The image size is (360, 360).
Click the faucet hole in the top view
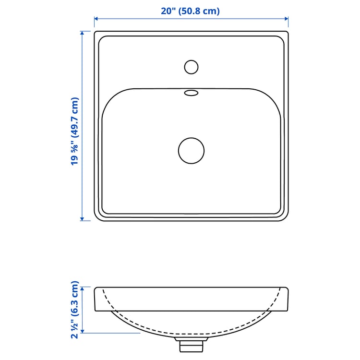coord(191,67)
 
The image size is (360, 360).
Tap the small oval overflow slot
coord(191,93)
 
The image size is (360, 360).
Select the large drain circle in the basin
coord(191,150)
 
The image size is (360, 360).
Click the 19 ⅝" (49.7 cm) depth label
coord(74,131)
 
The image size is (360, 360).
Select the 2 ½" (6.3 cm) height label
coord(74,311)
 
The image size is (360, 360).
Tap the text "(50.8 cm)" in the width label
coord(199,11)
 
